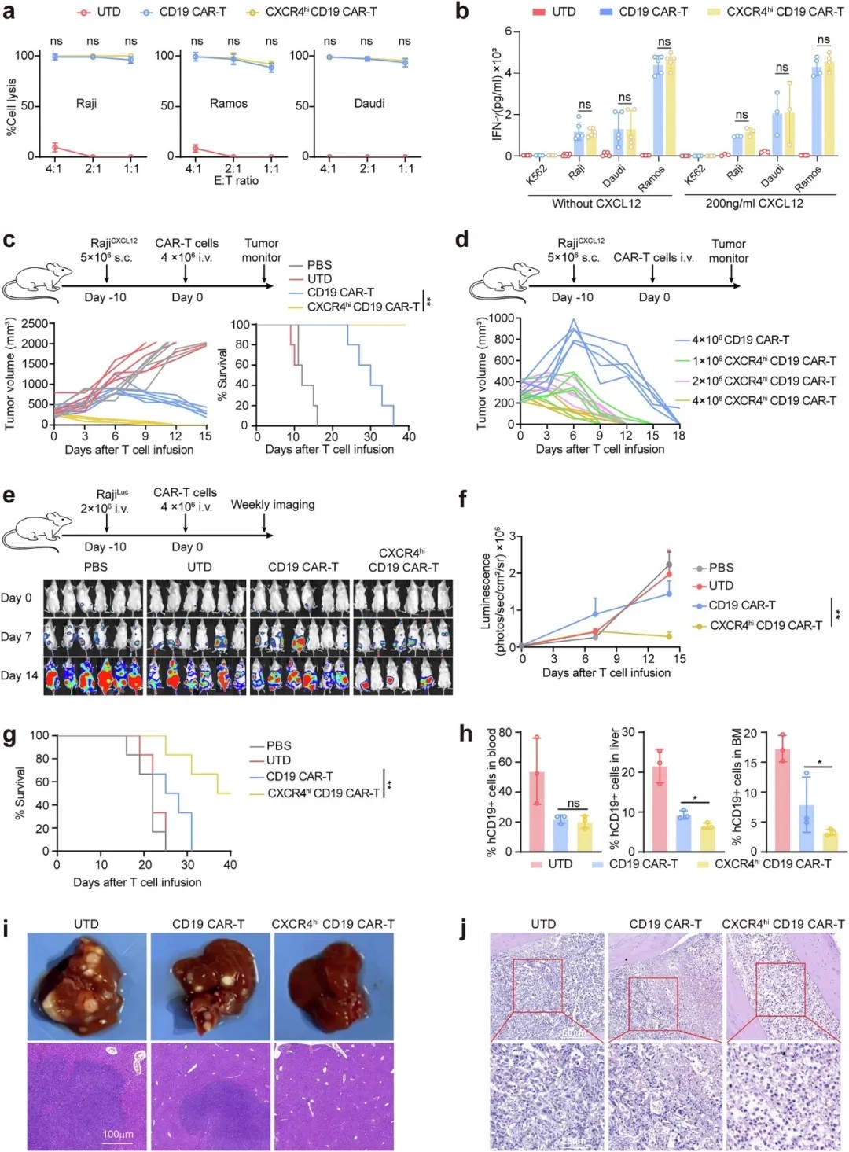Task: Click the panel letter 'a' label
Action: tap(9, 13)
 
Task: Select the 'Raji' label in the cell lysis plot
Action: tap(86, 104)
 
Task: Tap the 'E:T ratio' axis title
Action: tap(236, 181)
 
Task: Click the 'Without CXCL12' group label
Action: tap(596, 204)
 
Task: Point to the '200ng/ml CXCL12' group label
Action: tap(754, 204)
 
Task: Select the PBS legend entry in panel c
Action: tap(319, 265)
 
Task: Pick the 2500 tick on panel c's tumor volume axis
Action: tap(36, 324)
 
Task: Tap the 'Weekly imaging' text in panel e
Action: tap(272, 505)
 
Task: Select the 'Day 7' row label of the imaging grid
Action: tap(17, 636)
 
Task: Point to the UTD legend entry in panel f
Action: tap(720, 586)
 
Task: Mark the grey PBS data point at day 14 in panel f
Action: tap(669, 565)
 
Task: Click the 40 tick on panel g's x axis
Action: tap(230, 865)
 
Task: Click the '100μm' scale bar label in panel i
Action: tap(118, 1135)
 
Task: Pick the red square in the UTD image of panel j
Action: tap(538, 985)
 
